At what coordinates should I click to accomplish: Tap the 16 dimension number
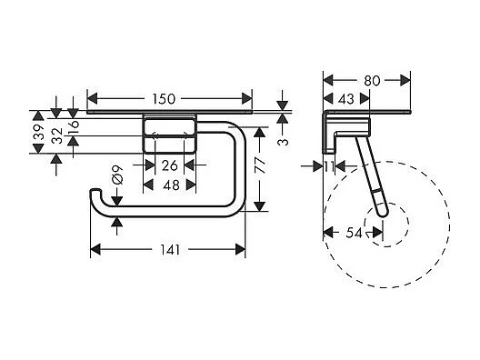[x=75, y=125]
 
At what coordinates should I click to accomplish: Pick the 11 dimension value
[x=328, y=165]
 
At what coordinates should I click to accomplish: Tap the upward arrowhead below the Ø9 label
[x=116, y=218]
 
